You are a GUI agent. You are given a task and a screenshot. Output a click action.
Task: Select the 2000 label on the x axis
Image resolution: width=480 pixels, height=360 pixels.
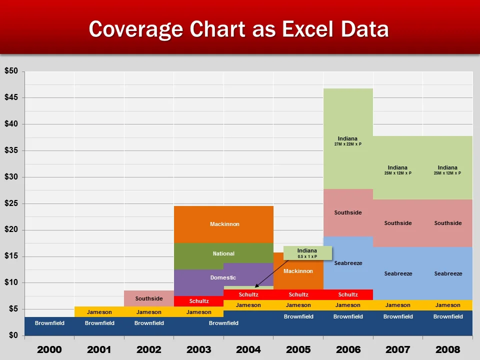[x=49, y=349]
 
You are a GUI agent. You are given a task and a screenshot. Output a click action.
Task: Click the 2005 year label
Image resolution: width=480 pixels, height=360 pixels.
[x=298, y=349]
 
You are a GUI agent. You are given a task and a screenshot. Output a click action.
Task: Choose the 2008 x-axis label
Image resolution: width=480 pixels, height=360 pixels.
[x=447, y=349]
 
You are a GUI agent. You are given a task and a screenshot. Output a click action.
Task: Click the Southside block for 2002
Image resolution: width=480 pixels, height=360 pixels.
[x=149, y=298]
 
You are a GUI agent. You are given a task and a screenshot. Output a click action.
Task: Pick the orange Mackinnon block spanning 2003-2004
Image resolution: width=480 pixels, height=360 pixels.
[x=224, y=224]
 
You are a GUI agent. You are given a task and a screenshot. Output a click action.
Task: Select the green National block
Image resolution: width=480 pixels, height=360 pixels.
[x=223, y=253]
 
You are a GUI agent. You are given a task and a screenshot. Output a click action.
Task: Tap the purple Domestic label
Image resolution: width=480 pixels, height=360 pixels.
[x=223, y=277]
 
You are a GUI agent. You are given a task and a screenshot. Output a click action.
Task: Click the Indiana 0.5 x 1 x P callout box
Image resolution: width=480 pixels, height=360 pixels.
[x=307, y=253]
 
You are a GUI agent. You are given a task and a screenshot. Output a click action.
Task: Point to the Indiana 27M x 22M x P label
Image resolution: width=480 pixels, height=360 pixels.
[x=348, y=141]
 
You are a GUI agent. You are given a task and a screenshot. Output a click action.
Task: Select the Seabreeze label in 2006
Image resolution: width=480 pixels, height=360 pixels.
[x=348, y=263]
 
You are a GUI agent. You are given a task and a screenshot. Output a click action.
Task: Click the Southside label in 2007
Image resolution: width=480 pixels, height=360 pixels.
[x=398, y=223]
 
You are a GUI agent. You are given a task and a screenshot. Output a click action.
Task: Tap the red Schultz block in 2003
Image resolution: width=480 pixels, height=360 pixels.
[x=199, y=301]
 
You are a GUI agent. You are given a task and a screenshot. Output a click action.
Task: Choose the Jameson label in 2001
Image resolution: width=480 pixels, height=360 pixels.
[x=99, y=312]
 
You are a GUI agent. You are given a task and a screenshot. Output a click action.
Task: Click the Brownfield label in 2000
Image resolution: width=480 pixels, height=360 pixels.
[x=49, y=323]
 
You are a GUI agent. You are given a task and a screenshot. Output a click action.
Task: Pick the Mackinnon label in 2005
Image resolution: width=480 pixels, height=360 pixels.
[x=298, y=271]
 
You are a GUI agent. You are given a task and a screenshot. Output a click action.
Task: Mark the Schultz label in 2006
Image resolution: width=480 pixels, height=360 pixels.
[x=348, y=294]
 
